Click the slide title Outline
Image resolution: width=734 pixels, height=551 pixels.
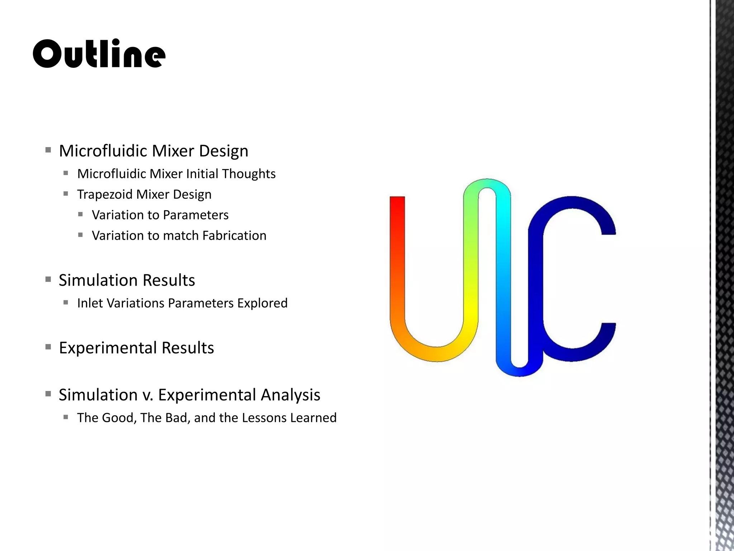point(99,54)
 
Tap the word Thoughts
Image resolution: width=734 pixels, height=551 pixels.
point(249,174)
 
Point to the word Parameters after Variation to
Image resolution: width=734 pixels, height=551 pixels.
point(196,215)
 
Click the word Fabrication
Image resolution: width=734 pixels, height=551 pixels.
point(234,236)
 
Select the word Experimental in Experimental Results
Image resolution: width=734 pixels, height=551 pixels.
point(108,348)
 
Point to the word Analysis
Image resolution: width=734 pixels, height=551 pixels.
point(290,395)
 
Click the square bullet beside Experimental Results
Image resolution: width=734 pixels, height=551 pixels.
point(48,347)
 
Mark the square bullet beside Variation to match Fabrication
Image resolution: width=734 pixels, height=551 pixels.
point(80,235)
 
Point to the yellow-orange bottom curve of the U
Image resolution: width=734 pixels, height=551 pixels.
point(436,353)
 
